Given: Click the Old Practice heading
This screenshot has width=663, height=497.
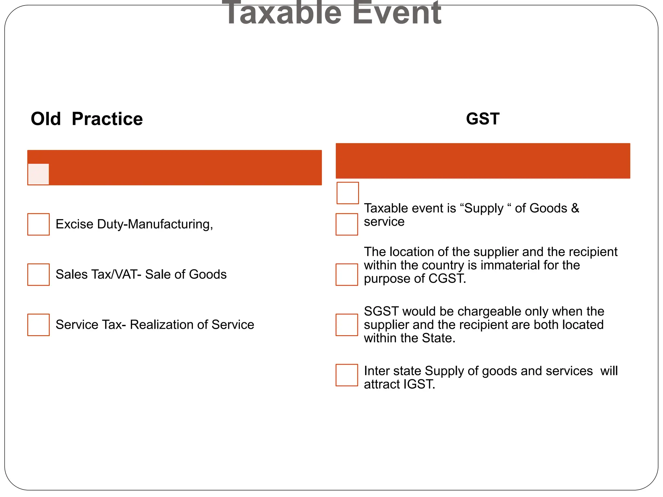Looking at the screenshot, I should coord(86,119).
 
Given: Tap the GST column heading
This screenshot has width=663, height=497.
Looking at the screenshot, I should coord(483,119).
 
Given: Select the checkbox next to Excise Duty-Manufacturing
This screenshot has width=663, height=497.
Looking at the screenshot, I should coord(39,224).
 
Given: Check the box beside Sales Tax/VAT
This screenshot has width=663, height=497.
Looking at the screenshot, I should coord(39,274).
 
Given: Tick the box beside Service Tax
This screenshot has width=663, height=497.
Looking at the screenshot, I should coord(39,325).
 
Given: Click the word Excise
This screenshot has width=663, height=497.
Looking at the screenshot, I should coord(74,224).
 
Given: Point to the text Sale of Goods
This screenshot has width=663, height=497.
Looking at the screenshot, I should coord(186,274).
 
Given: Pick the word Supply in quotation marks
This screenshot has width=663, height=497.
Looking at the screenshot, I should coord(484,208).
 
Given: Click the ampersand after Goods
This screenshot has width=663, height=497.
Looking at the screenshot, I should coord(575,208).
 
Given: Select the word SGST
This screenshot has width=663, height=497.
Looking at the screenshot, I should coord(381,311).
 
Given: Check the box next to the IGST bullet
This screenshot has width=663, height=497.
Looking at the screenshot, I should coord(347,375).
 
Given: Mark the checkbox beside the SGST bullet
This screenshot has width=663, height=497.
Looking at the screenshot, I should coord(347,325).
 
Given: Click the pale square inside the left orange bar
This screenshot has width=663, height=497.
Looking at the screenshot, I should coord(39,174).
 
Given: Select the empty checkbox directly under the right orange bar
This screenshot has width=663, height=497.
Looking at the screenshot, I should coord(348,193).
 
